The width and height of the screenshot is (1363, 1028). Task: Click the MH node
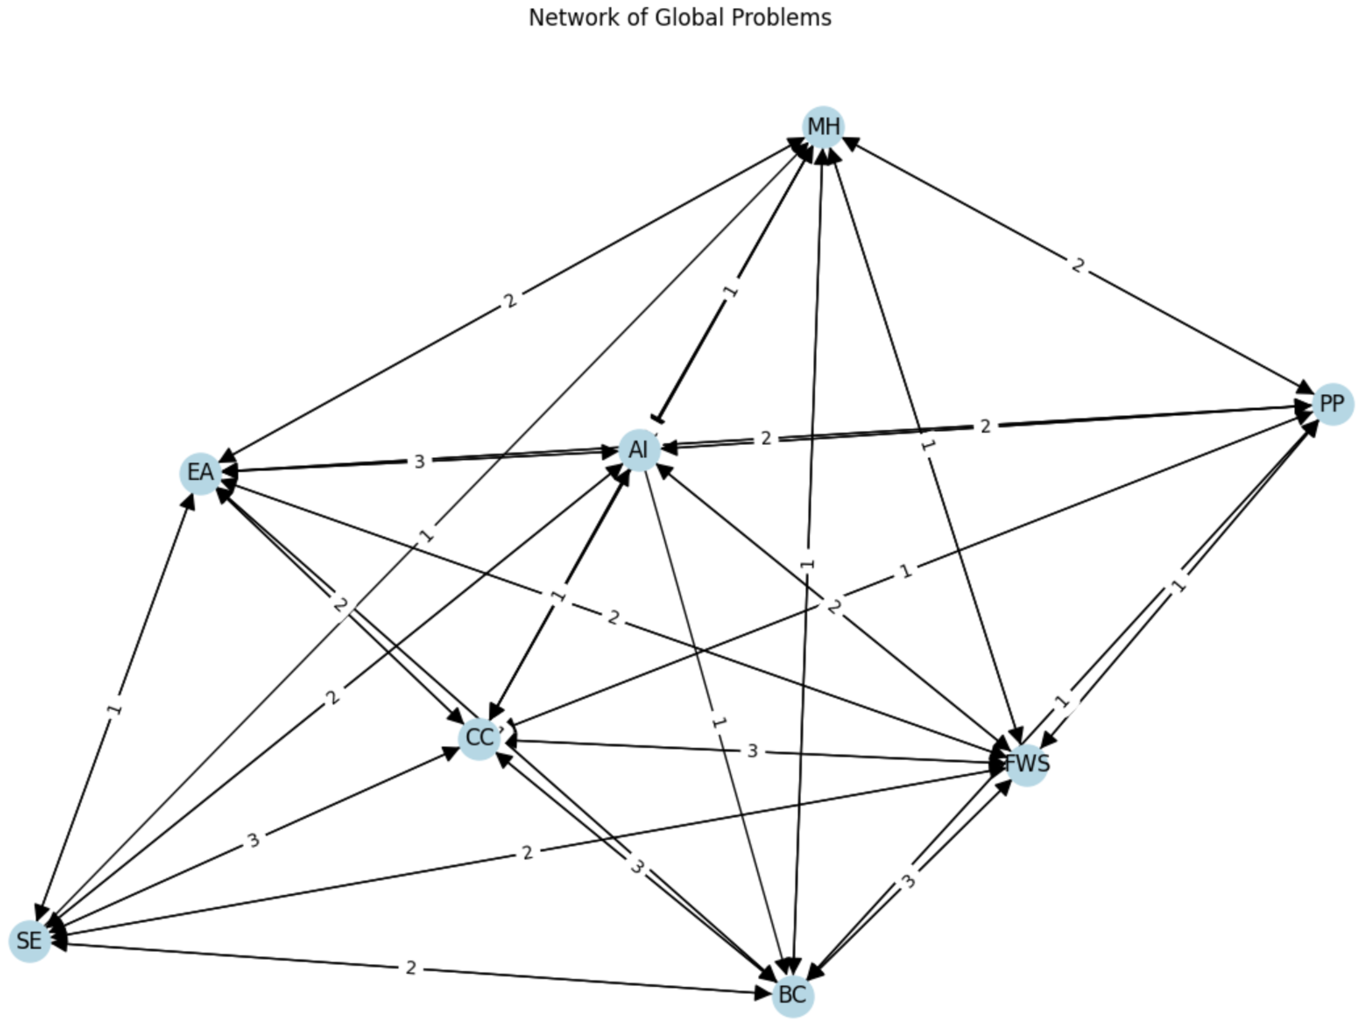823,127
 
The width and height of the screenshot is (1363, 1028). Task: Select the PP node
1332,405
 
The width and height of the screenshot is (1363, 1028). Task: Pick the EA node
200,473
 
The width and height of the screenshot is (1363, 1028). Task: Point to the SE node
29,941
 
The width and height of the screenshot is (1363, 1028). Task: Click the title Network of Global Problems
680,18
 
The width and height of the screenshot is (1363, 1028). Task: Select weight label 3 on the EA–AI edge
420,461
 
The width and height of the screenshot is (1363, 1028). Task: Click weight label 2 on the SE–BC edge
411,968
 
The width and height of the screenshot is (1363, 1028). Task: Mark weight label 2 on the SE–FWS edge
527,853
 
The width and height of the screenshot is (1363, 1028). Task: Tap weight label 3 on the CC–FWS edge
752,751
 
